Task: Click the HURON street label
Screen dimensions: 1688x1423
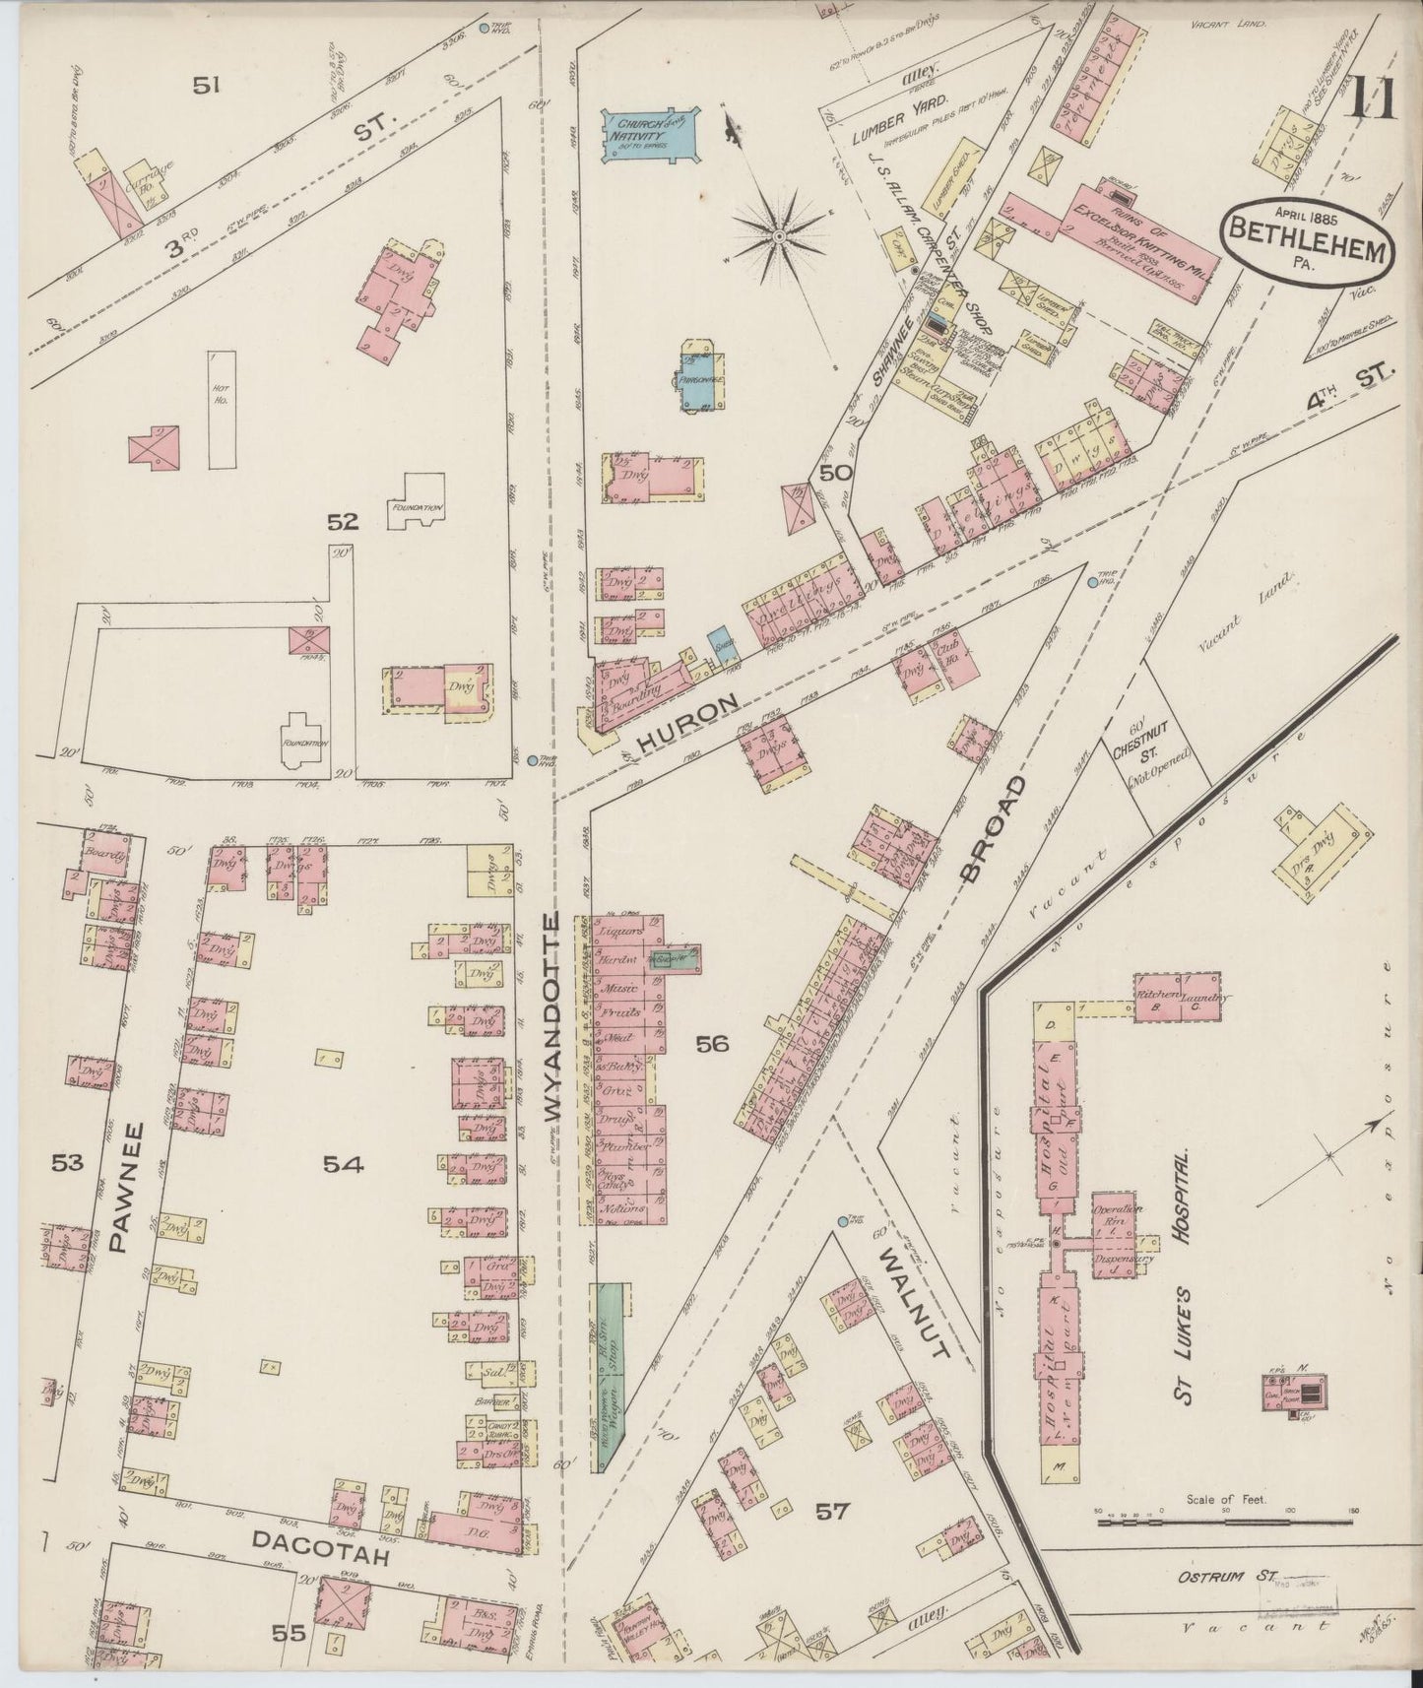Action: click(x=687, y=723)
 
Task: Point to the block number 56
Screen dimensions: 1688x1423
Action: click(x=711, y=1043)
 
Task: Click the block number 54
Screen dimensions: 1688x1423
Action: click(x=343, y=1165)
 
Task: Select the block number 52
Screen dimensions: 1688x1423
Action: click(x=343, y=523)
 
